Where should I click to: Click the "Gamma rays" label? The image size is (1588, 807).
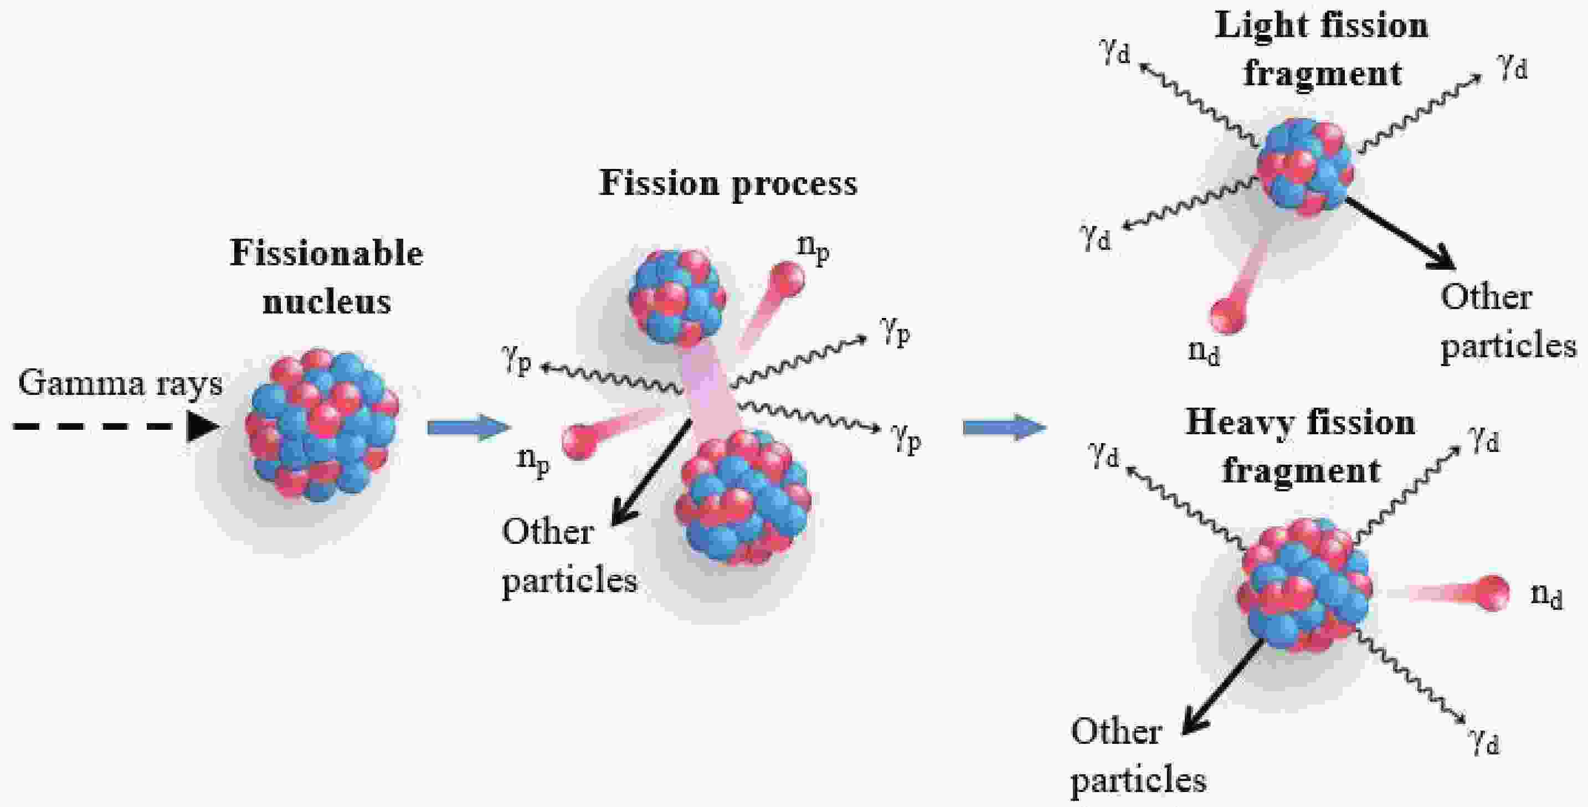pos(120,384)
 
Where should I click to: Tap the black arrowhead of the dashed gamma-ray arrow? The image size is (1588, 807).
pos(203,426)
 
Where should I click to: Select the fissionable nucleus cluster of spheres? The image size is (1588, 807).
pos(322,425)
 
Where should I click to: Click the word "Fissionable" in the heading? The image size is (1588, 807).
pos(326,253)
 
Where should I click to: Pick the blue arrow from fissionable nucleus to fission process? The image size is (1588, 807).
pos(469,426)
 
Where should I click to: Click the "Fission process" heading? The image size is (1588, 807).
pos(728,183)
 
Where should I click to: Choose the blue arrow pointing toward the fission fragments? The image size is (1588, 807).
pos(1004,426)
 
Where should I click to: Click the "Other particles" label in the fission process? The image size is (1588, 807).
pos(568,556)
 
